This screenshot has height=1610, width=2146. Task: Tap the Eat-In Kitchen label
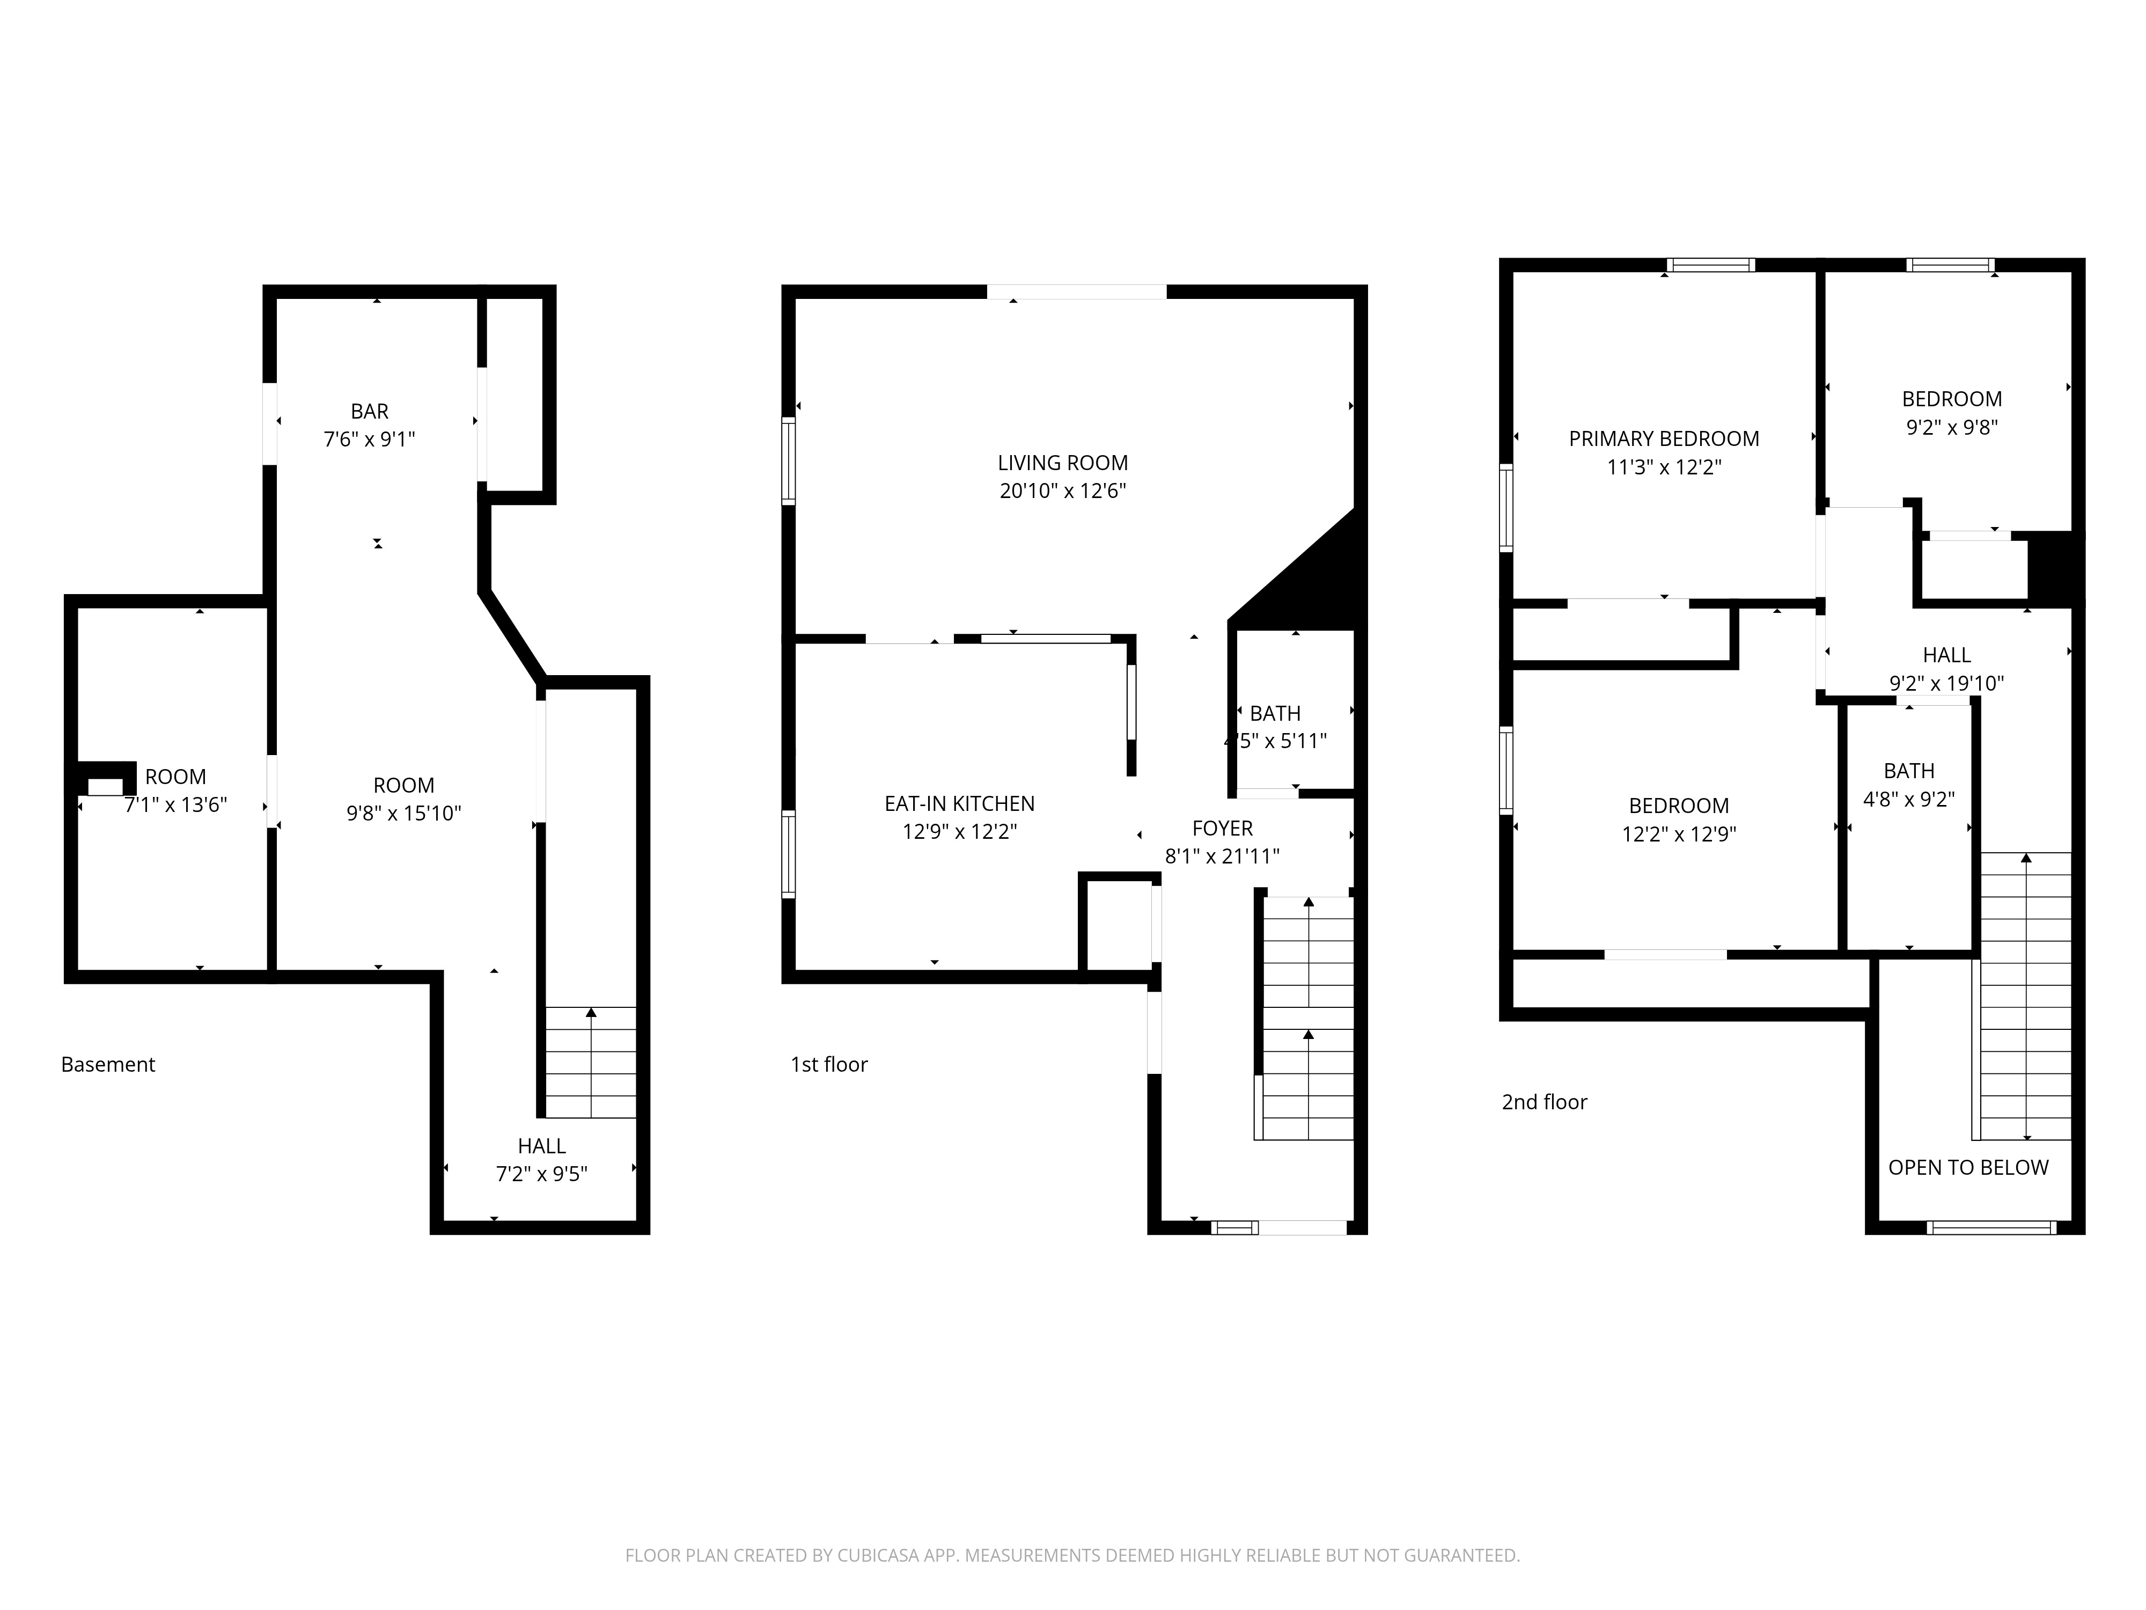point(959,803)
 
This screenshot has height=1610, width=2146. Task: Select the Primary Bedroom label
point(1664,438)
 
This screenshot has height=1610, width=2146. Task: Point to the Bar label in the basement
point(370,412)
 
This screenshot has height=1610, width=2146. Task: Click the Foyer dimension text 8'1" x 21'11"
point(1222,856)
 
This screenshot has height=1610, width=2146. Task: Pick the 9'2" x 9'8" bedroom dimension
point(1952,427)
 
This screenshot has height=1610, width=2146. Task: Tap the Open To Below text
point(1968,1167)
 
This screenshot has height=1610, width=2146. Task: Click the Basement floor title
point(108,1065)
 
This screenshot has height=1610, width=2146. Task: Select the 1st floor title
point(829,1065)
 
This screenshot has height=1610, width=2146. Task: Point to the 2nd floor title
point(1545,1102)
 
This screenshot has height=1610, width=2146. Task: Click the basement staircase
point(591,1063)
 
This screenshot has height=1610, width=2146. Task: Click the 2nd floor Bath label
point(1909,772)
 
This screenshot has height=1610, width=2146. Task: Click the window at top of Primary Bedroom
point(1711,265)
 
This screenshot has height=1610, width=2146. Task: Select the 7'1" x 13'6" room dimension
point(175,804)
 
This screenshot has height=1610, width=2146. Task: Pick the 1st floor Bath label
point(1275,713)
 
